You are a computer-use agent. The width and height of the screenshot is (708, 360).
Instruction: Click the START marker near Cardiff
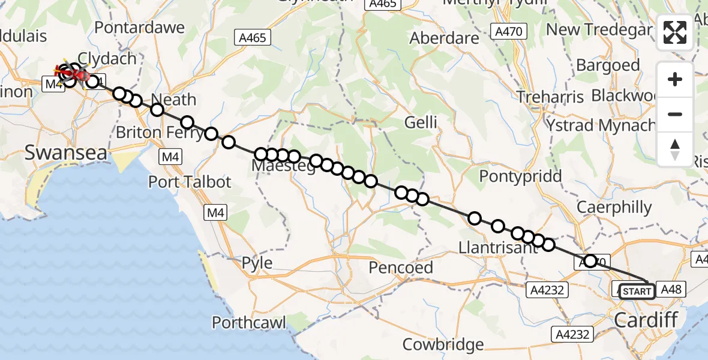(x=637, y=292)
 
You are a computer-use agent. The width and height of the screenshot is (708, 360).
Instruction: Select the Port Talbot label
(x=190, y=181)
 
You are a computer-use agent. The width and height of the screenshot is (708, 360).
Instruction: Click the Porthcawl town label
(x=249, y=322)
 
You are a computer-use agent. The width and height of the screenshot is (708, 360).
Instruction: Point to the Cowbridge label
(x=443, y=345)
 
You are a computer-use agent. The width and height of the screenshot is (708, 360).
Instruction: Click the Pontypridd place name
(x=521, y=176)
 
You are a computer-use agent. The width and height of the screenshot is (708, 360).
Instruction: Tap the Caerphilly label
(x=614, y=208)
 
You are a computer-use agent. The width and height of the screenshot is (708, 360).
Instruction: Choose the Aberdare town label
(x=445, y=38)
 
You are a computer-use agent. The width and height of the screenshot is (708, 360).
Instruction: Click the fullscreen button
(x=675, y=32)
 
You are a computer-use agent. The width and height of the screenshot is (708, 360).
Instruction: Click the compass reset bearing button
(x=675, y=149)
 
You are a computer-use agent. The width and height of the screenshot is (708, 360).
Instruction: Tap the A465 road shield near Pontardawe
(x=252, y=38)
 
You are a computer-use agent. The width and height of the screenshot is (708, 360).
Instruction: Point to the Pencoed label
(x=401, y=268)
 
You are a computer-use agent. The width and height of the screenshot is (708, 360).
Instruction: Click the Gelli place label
(x=421, y=123)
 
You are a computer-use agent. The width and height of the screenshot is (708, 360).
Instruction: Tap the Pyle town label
(x=257, y=263)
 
